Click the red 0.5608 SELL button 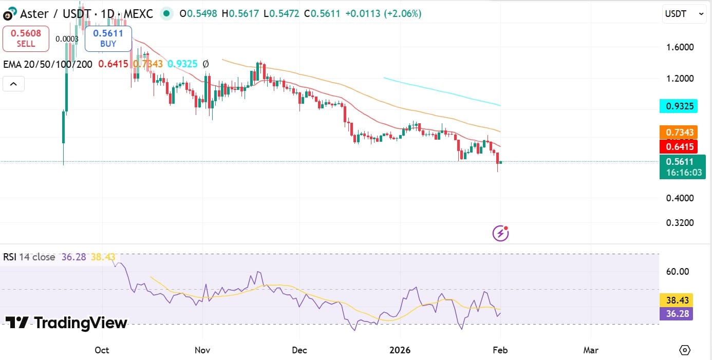26,39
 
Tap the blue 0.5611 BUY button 108,39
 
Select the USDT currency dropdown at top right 684,14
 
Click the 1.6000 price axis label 680,47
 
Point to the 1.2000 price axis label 680,79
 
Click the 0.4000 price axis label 680,198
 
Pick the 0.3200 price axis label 680,223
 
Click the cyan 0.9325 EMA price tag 679,106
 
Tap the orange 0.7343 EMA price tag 679,132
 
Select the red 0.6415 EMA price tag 679,147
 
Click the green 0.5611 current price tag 682,166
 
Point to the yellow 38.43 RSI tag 676,300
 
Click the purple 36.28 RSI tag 676,313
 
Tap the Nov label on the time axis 202,350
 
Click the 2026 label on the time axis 400,350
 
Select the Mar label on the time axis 591,350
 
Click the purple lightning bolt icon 500,234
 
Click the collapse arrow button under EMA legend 14,84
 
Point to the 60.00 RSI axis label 677,272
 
